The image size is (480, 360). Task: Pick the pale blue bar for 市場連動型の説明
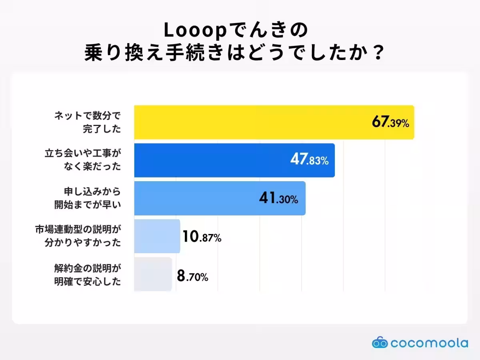(x=157, y=236)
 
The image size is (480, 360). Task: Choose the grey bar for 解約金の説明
(x=153, y=274)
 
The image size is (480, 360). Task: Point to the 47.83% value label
(x=309, y=161)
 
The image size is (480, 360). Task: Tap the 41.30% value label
(x=278, y=199)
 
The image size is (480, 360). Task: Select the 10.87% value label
(x=202, y=238)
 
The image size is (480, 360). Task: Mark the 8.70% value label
(x=192, y=277)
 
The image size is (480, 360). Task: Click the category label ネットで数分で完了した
(x=87, y=122)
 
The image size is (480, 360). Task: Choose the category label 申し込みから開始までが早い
(x=87, y=198)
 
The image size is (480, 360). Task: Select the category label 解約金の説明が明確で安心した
(x=87, y=274)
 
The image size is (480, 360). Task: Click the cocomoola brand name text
(x=429, y=343)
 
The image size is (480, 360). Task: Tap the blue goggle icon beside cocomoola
(x=380, y=342)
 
